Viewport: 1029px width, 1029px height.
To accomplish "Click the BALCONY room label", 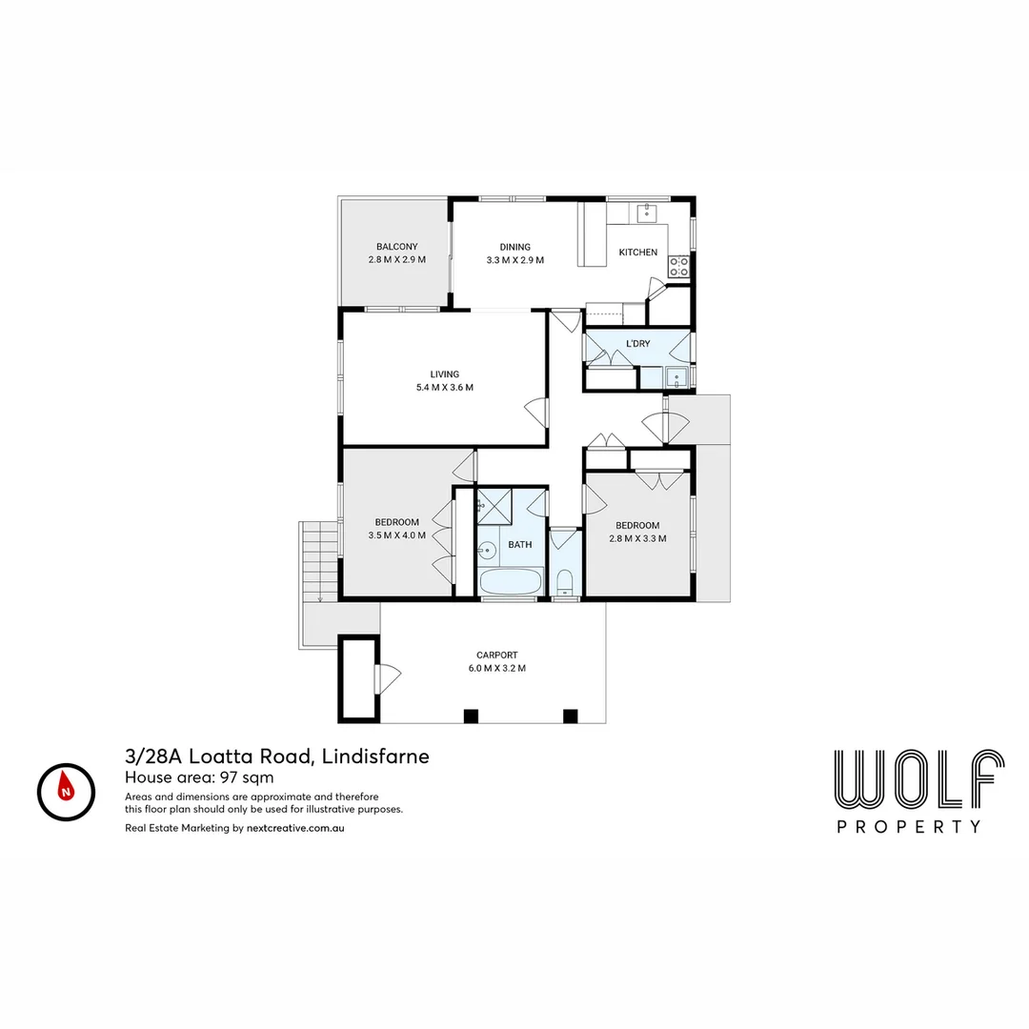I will [396, 247].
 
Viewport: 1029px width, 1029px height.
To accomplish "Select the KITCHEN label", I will [637, 252].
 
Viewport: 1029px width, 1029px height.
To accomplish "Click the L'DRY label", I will [637, 343].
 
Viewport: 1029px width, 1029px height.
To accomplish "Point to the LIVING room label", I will [444, 374].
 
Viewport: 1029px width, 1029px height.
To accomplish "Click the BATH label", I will [519, 545].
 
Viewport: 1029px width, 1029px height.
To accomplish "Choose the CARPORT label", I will [497, 656].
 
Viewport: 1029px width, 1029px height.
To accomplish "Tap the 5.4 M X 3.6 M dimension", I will [444, 388].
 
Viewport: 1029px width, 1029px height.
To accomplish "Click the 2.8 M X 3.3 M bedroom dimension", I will [637, 538].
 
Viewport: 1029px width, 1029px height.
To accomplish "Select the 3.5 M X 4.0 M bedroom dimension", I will [396, 535].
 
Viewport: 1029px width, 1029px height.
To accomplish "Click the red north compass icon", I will [66, 792].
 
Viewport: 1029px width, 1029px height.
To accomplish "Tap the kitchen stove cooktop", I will [678, 267].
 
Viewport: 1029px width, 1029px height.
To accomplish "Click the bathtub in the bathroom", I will [510, 581].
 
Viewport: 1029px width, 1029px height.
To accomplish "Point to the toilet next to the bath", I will [564, 580].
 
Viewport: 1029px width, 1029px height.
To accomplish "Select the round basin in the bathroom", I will [488, 550].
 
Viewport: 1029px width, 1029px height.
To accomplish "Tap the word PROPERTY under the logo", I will [909, 827].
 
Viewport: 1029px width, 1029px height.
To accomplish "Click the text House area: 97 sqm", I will [199, 777].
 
